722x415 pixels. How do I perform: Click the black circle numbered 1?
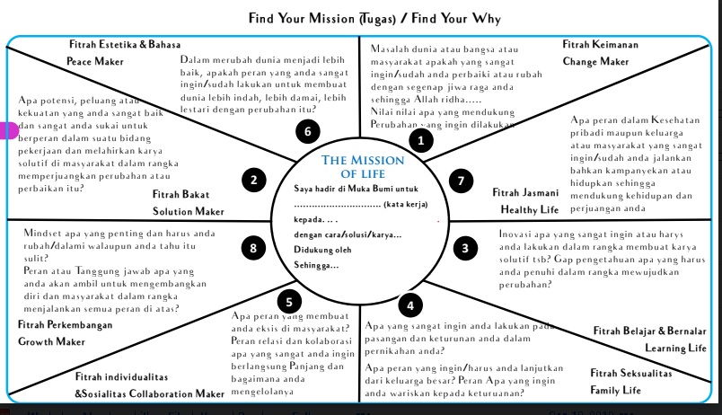coord(416,140)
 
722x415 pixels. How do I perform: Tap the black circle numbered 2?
coord(254,181)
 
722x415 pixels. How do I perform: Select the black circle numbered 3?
coord(464,247)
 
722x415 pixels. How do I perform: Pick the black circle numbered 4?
coord(410,305)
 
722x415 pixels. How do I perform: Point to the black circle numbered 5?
coord(286,301)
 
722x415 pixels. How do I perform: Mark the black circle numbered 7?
coord(461,181)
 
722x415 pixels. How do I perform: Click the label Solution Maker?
coord(188,211)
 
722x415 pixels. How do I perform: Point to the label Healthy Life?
coord(531,209)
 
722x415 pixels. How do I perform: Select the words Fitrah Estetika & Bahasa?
coord(125,44)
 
